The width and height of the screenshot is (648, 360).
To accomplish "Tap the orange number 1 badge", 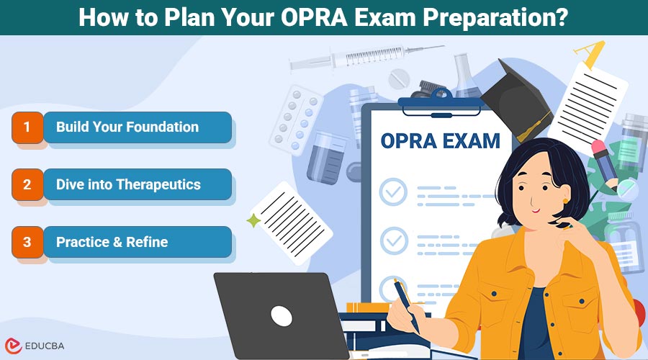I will click(x=27, y=127).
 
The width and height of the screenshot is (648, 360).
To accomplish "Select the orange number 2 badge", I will click(x=27, y=184).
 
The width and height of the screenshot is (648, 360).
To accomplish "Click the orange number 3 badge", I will click(x=27, y=242).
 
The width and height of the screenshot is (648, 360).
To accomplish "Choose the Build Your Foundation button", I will click(x=137, y=127).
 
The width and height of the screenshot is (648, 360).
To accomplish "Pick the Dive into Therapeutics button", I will click(x=137, y=184).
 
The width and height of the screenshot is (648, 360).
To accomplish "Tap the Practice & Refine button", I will click(x=137, y=242).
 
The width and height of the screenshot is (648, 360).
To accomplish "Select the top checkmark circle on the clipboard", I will click(x=393, y=192).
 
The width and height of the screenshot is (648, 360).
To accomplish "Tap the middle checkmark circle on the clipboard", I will click(x=393, y=239).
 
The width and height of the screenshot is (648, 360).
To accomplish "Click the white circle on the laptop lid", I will click(x=282, y=315).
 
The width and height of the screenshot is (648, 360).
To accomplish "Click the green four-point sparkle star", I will click(x=253, y=221).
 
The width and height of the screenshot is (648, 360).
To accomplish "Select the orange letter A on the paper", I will click(x=593, y=53).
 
